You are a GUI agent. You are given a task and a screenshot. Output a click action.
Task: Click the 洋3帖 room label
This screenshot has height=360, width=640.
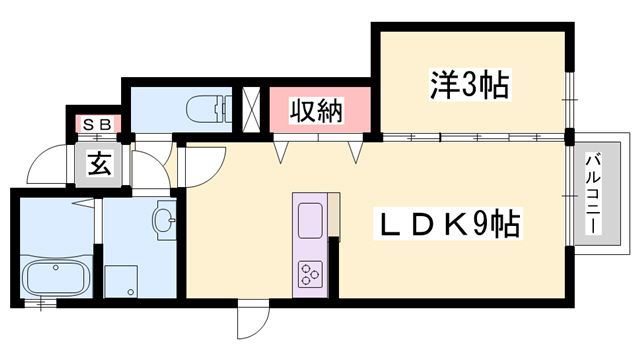tap(471, 84)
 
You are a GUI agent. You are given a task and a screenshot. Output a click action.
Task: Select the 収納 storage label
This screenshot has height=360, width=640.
tap(316, 111)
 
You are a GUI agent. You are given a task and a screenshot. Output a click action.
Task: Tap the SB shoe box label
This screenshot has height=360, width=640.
tap(97, 124)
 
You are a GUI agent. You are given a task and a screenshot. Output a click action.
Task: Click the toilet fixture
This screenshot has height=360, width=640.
tap(205, 106)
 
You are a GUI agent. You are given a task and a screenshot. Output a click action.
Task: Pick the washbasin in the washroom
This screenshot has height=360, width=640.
tap(164, 219)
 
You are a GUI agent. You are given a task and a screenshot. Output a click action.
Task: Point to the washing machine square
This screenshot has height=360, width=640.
tap(121, 279)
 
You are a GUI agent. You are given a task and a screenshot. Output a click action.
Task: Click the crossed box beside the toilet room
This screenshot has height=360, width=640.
tap(252, 108)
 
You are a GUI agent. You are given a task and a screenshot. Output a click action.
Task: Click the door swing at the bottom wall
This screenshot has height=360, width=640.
tap(250, 324)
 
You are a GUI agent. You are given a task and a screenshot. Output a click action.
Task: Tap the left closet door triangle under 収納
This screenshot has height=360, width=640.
tap(283, 151)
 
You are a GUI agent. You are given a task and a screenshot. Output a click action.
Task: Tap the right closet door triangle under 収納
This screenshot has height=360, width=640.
tap(355, 151)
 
